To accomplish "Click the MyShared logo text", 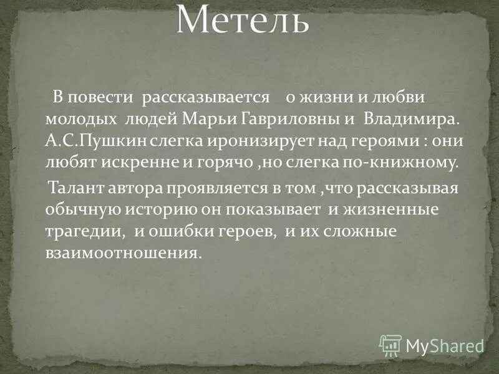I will click(x=444, y=345).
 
